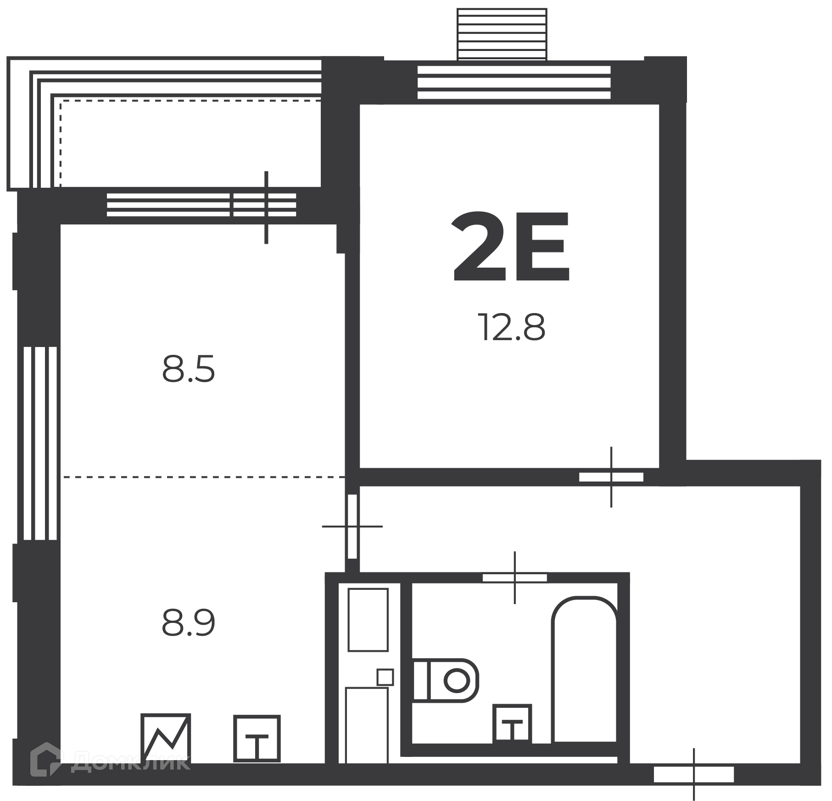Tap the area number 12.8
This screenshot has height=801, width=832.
[511, 327]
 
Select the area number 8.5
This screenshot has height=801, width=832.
[188, 370]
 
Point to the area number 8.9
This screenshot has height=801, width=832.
[188, 622]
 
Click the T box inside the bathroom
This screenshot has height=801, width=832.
[512, 724]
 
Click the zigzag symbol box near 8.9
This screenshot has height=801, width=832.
[166, 737]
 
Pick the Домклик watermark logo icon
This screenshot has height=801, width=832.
[45, 760]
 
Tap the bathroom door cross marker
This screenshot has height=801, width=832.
[514, 577]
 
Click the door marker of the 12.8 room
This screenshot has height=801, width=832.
[611, 477]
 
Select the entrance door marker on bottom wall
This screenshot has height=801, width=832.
[694, 774]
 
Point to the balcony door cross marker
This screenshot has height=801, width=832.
[266, 207]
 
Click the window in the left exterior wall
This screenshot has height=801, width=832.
[40, 443]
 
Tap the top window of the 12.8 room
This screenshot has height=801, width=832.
[514, 83]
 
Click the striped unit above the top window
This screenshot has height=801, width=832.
[502, 34]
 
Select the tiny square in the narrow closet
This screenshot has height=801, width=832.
[385, 677]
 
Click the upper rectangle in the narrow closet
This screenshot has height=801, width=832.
[368, 620]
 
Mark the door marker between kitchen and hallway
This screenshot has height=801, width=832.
[352, 526]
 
